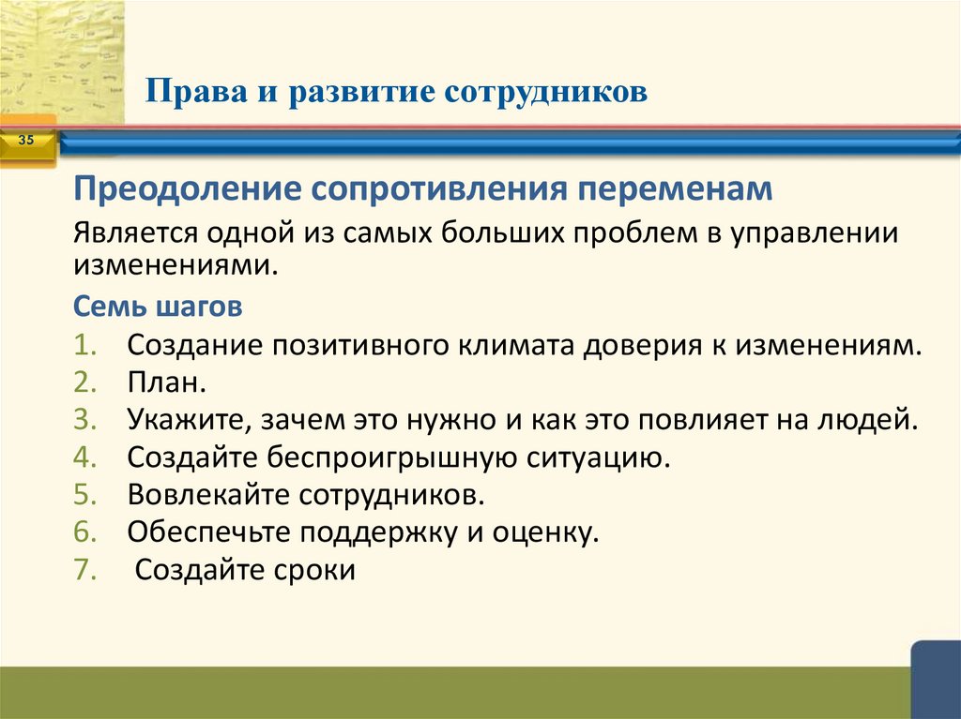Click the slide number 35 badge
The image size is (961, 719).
(25, 141)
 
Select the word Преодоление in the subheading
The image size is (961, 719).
(186, 189)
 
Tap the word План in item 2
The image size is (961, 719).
(163, 382)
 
